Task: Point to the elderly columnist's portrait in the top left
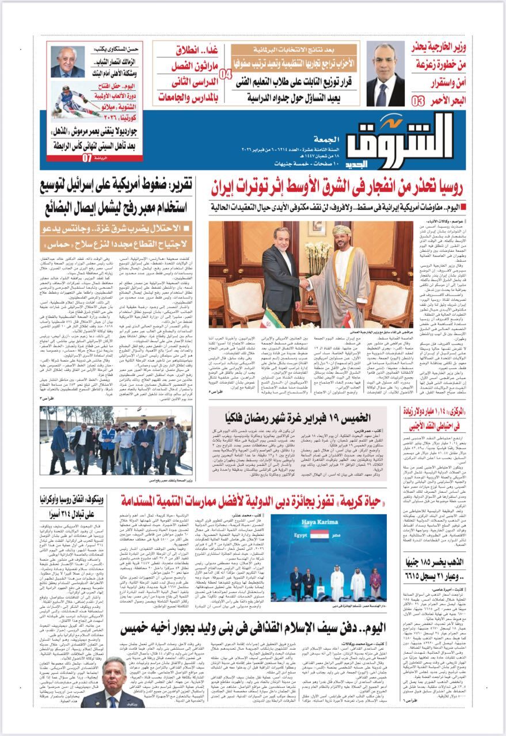(67, 62)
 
